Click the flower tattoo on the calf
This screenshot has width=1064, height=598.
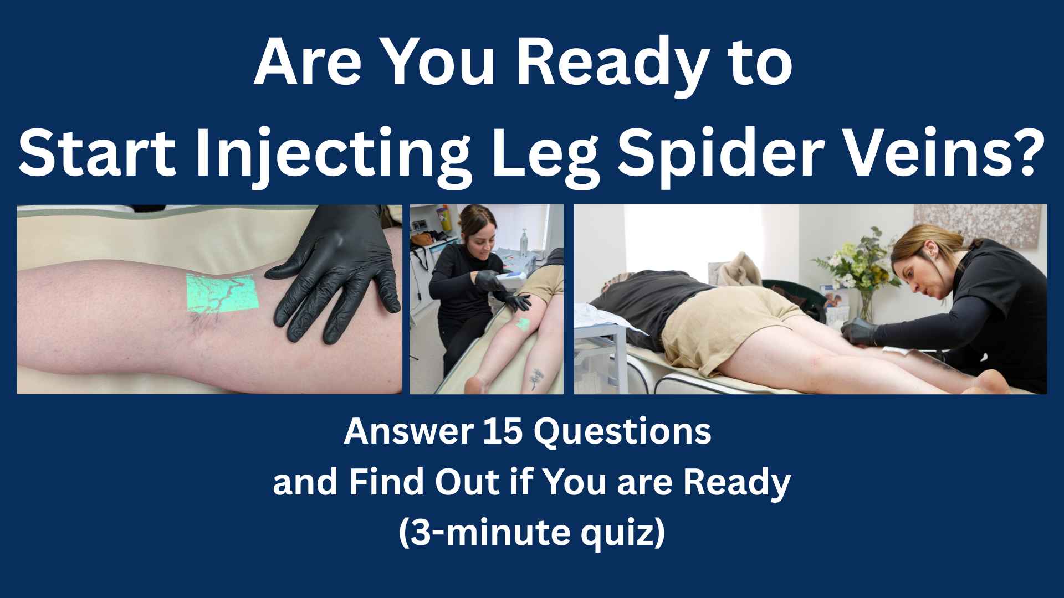(534, 378)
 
